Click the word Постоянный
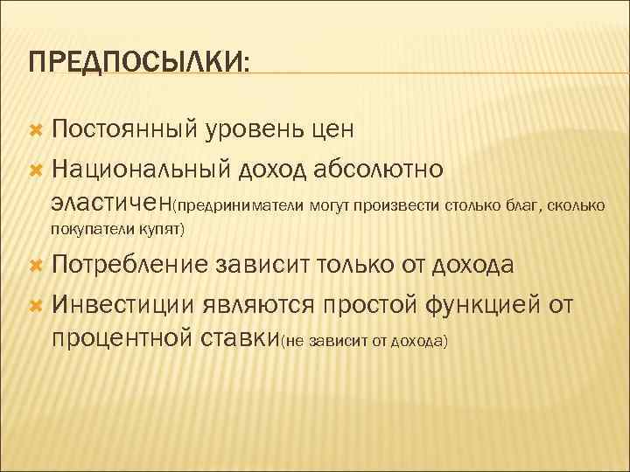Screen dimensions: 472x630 [126, 130]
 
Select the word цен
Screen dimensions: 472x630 [332, 130]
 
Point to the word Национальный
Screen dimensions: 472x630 [140, 166]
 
